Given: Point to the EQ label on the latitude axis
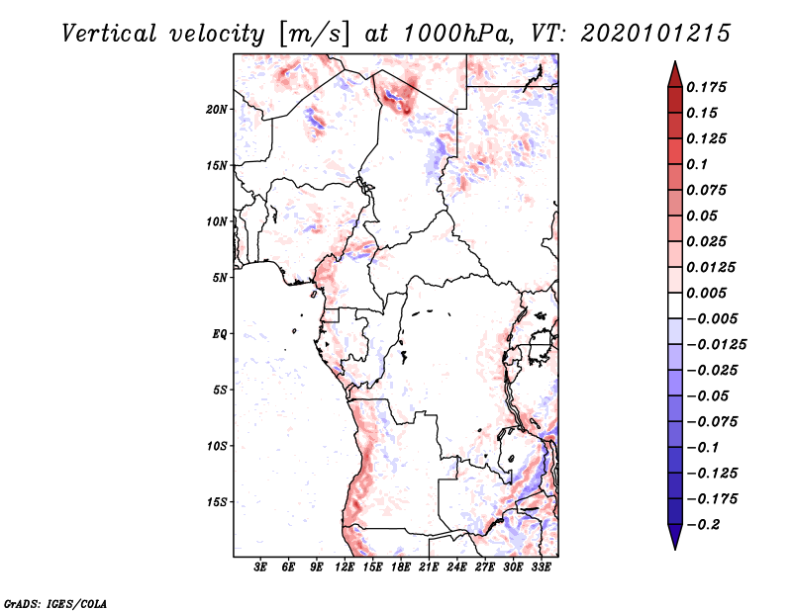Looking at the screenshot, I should tap(220, 334).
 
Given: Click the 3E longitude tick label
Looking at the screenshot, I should tap(261, 567).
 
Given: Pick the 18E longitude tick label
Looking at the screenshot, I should tap(401, 567).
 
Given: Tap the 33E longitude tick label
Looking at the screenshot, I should tap(541, 567).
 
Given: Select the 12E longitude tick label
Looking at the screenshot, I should tap(346, 567).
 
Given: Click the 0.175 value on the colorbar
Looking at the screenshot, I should tap(709, 87).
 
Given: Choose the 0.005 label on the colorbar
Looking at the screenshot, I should tap(709, 294).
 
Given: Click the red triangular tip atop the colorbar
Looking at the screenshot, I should tap(674, 71).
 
